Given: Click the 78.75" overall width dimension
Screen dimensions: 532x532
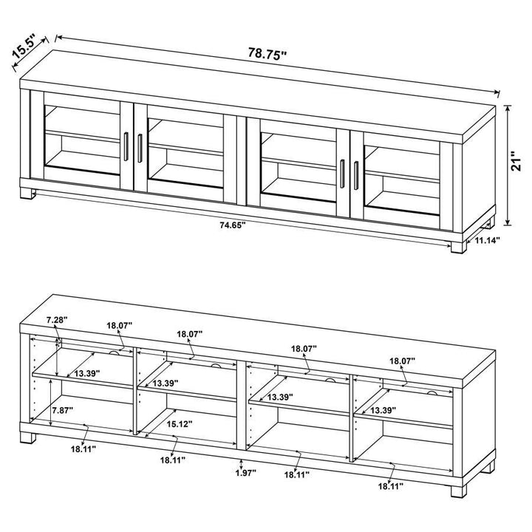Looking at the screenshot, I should coord(267,54).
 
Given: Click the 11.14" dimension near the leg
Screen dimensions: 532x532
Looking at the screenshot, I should coord(488,240).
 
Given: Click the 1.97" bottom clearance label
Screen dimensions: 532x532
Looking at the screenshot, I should coord(241,472).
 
